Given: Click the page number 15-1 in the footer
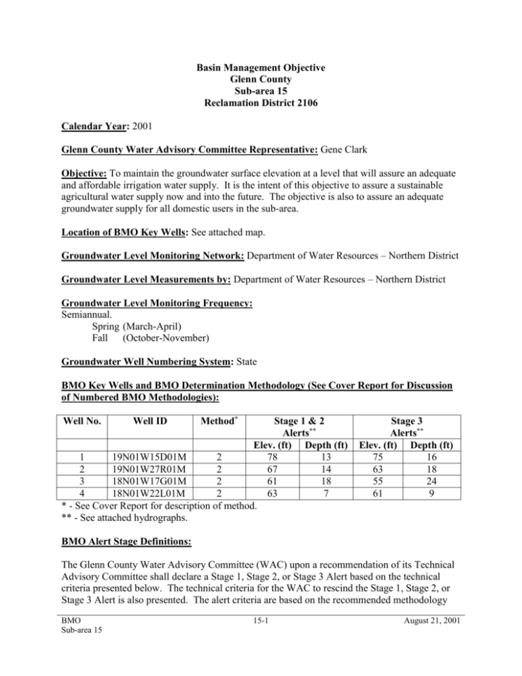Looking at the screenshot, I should tap(261, 652).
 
